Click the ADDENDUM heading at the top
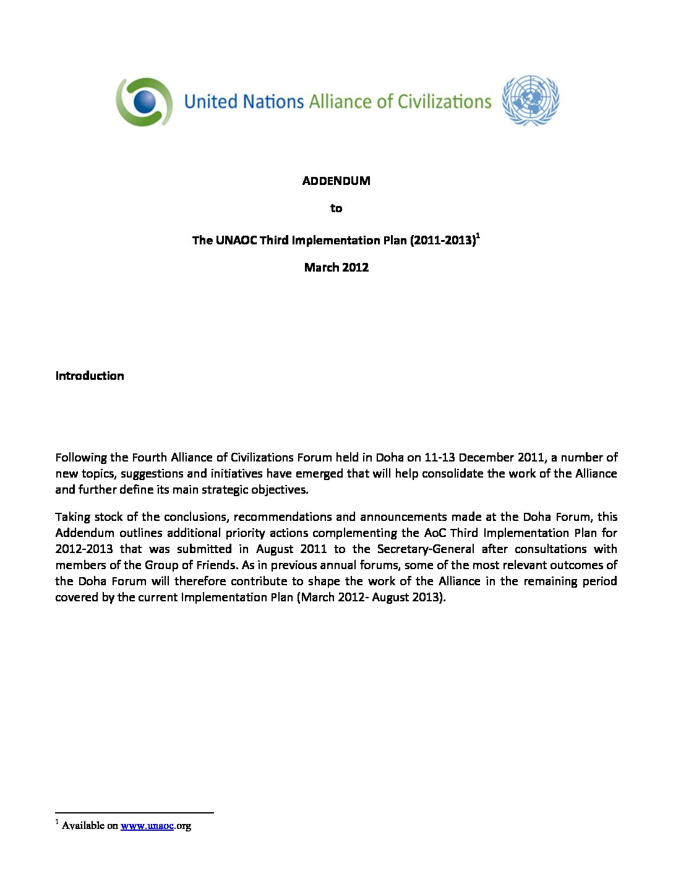[x=336, y=181]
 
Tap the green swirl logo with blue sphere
[x=144, y=102]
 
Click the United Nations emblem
[x=530, y=101]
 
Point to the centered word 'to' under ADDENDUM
[x=336, y=208]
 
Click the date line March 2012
[x=336, y=267]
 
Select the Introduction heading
[x=90, y=375]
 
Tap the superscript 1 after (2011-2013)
[x=478, y=235]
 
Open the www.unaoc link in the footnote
[x=147, y=825]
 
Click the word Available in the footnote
[x=83, y=825]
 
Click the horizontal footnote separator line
[x=134, y=812]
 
